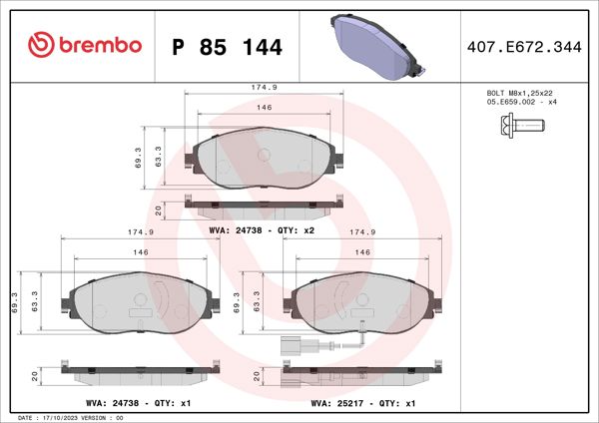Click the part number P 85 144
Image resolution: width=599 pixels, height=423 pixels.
(228, 47)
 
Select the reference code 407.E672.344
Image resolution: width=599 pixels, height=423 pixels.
(522, 46)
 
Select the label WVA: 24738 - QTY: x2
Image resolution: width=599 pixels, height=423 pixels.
(262, 229)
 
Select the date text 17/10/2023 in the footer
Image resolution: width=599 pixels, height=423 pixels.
(68, 417)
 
